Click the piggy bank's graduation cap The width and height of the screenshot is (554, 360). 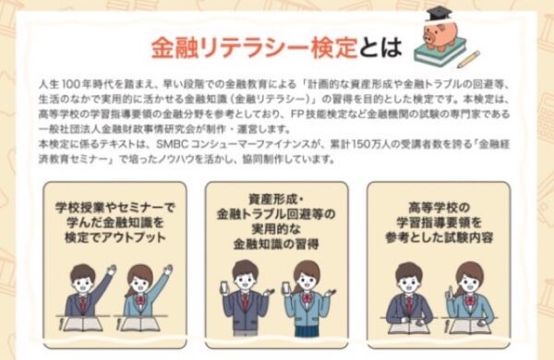point(439,14)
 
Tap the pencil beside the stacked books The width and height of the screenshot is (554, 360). point(468,59)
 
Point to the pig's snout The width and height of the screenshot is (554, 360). point(429,36)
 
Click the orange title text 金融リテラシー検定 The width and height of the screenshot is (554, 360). point(255,48)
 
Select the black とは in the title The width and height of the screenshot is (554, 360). point(380,47)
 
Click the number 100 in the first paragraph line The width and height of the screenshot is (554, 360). point(70,84)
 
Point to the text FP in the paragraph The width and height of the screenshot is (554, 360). point(296,114)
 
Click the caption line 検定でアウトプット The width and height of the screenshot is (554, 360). point(115,237)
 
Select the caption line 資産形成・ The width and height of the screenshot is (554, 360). point(276,199)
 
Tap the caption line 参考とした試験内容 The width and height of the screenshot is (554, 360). point(439,237)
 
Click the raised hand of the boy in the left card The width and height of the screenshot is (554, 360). point(112,270)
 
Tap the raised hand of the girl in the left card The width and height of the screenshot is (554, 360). point(168,270)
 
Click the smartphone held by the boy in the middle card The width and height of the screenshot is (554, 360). point(225,287)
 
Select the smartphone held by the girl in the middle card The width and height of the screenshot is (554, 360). point(286,288)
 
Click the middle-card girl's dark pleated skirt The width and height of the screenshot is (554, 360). point(306,331)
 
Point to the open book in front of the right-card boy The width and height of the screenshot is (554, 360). point(409,327)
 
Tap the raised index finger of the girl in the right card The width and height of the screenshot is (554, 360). point(450,291)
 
